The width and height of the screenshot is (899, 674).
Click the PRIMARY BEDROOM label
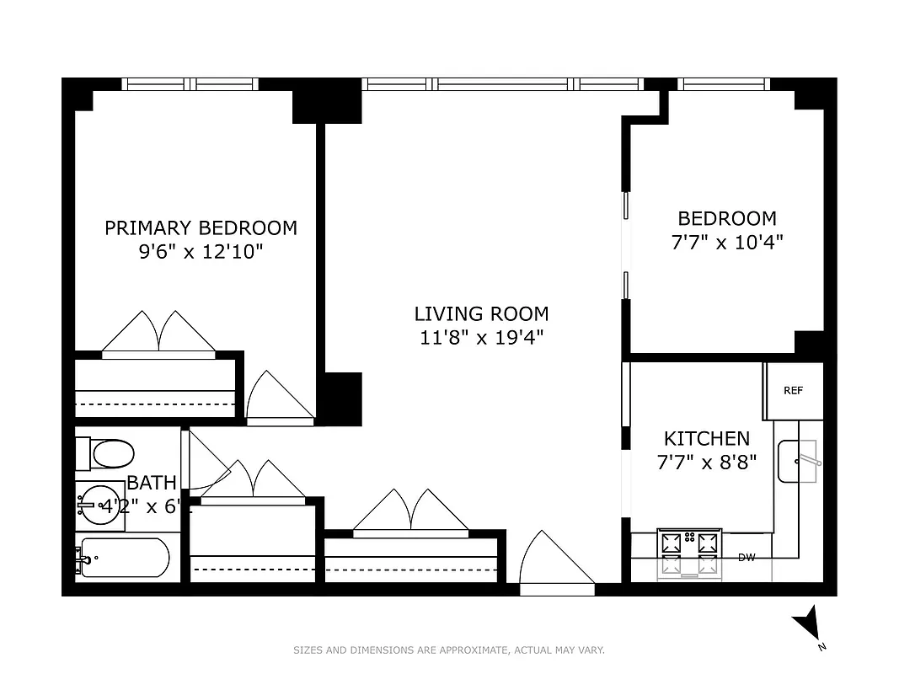tap(201, 227)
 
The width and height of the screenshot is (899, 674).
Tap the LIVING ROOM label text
tap(481, 314)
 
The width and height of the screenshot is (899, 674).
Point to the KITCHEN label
tap(707, 438)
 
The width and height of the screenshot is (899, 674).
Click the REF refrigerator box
tap(793, 391)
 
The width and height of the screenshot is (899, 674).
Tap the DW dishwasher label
tap(746, 558)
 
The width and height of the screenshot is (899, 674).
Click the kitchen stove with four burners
tap(689, 553)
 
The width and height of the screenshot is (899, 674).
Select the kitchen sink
tap(797, 461)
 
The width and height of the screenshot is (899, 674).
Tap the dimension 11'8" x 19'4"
tap(481, 338)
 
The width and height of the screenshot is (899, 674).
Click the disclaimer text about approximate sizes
tap(448, 650)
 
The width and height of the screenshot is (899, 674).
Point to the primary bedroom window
tap(189, 84)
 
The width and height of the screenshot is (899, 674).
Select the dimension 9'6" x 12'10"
tap(201, 251)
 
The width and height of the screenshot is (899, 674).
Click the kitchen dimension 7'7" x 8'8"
tap(707, 462)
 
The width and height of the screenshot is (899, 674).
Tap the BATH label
tap(152, 483)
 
